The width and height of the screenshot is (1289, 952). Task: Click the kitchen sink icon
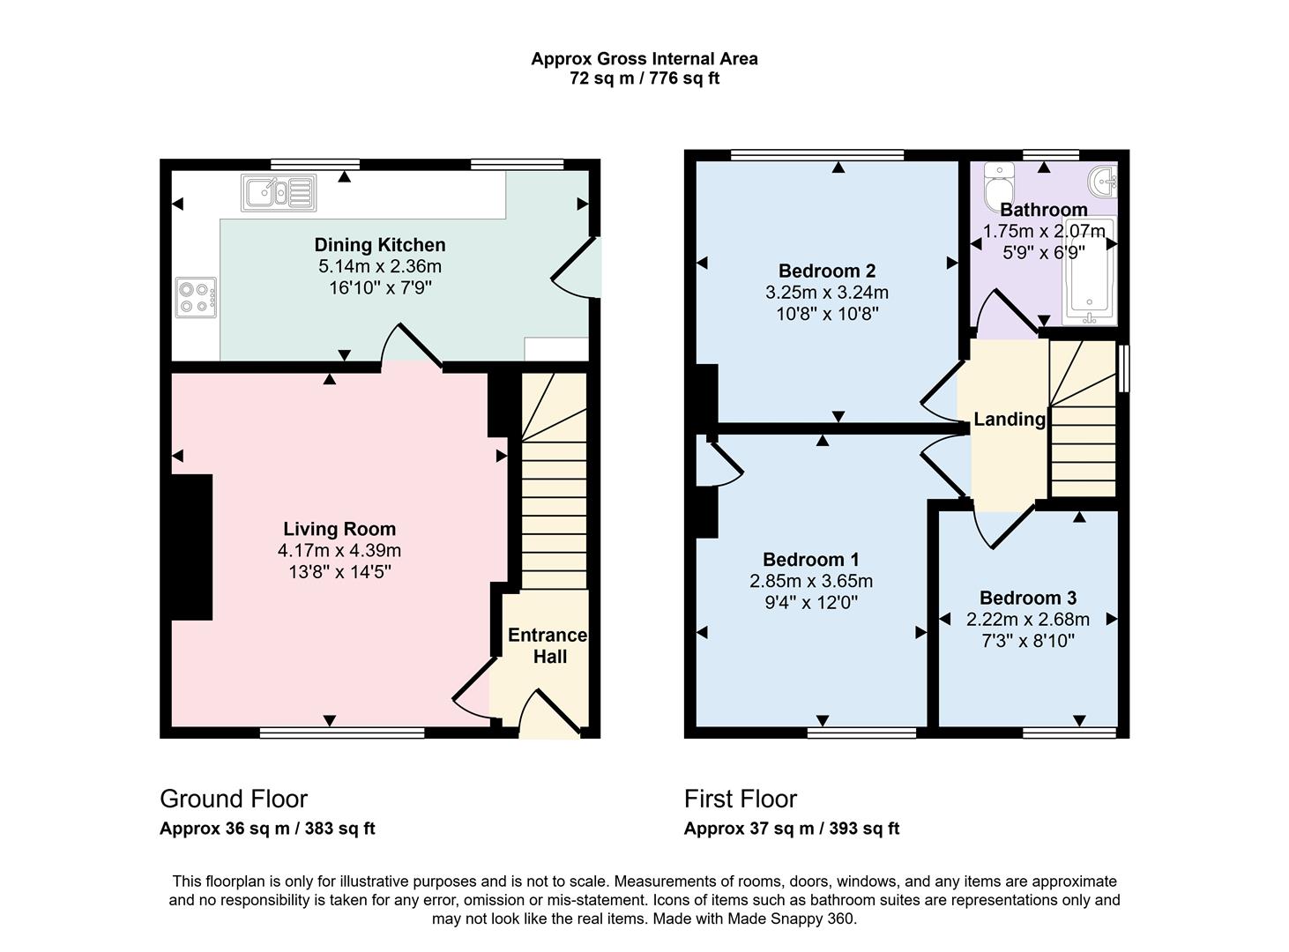279,192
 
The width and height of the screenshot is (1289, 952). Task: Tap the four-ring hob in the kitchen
196,297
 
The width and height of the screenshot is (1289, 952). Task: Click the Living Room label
339,529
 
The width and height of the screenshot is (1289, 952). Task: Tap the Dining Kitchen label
380,245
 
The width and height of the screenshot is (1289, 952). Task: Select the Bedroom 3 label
1027,598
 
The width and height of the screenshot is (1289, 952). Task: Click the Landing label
1010,420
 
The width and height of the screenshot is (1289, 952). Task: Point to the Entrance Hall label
548,646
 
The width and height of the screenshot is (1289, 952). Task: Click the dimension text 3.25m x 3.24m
827,293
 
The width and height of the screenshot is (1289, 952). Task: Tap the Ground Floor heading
234,799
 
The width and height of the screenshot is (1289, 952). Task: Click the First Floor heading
741,799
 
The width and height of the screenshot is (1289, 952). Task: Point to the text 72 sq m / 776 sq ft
644,78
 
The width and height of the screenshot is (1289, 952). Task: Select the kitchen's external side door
577,269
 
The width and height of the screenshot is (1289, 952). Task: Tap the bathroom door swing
1005,313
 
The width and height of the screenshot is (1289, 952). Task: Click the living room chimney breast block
191,547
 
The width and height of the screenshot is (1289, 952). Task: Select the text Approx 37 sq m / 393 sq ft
792,829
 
